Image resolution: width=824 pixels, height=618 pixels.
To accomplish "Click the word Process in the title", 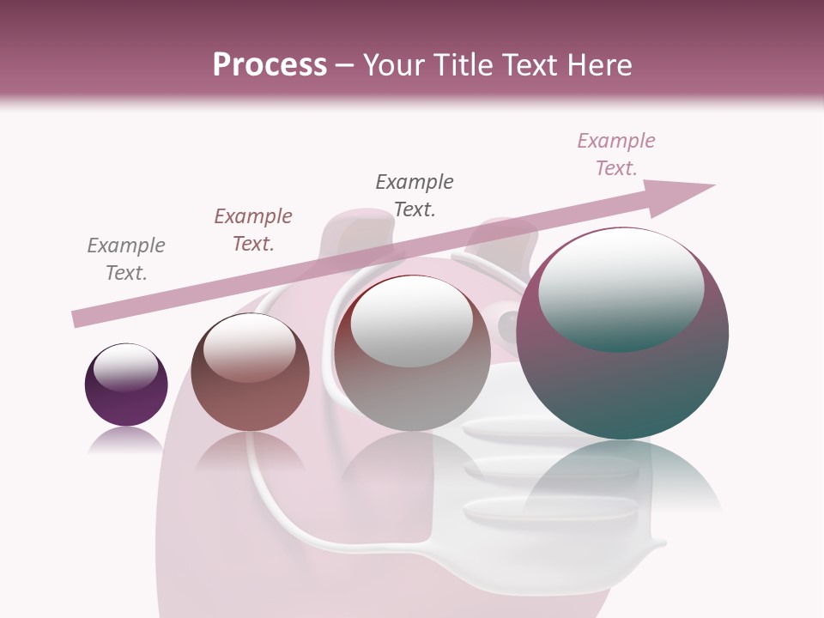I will pos(270,65).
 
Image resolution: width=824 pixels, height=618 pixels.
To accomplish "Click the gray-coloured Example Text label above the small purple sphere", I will pos(126,259).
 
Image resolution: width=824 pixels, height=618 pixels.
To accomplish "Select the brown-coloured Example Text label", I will pos(253,230).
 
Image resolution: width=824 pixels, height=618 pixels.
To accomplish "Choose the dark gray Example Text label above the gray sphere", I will pos(415,196).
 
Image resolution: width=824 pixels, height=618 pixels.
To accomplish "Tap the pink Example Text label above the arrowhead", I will pos(616,154).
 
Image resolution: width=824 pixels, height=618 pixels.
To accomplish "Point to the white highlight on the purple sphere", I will pos(125,367).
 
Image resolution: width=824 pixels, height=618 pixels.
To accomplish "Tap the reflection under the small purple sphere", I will pos(125,439).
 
